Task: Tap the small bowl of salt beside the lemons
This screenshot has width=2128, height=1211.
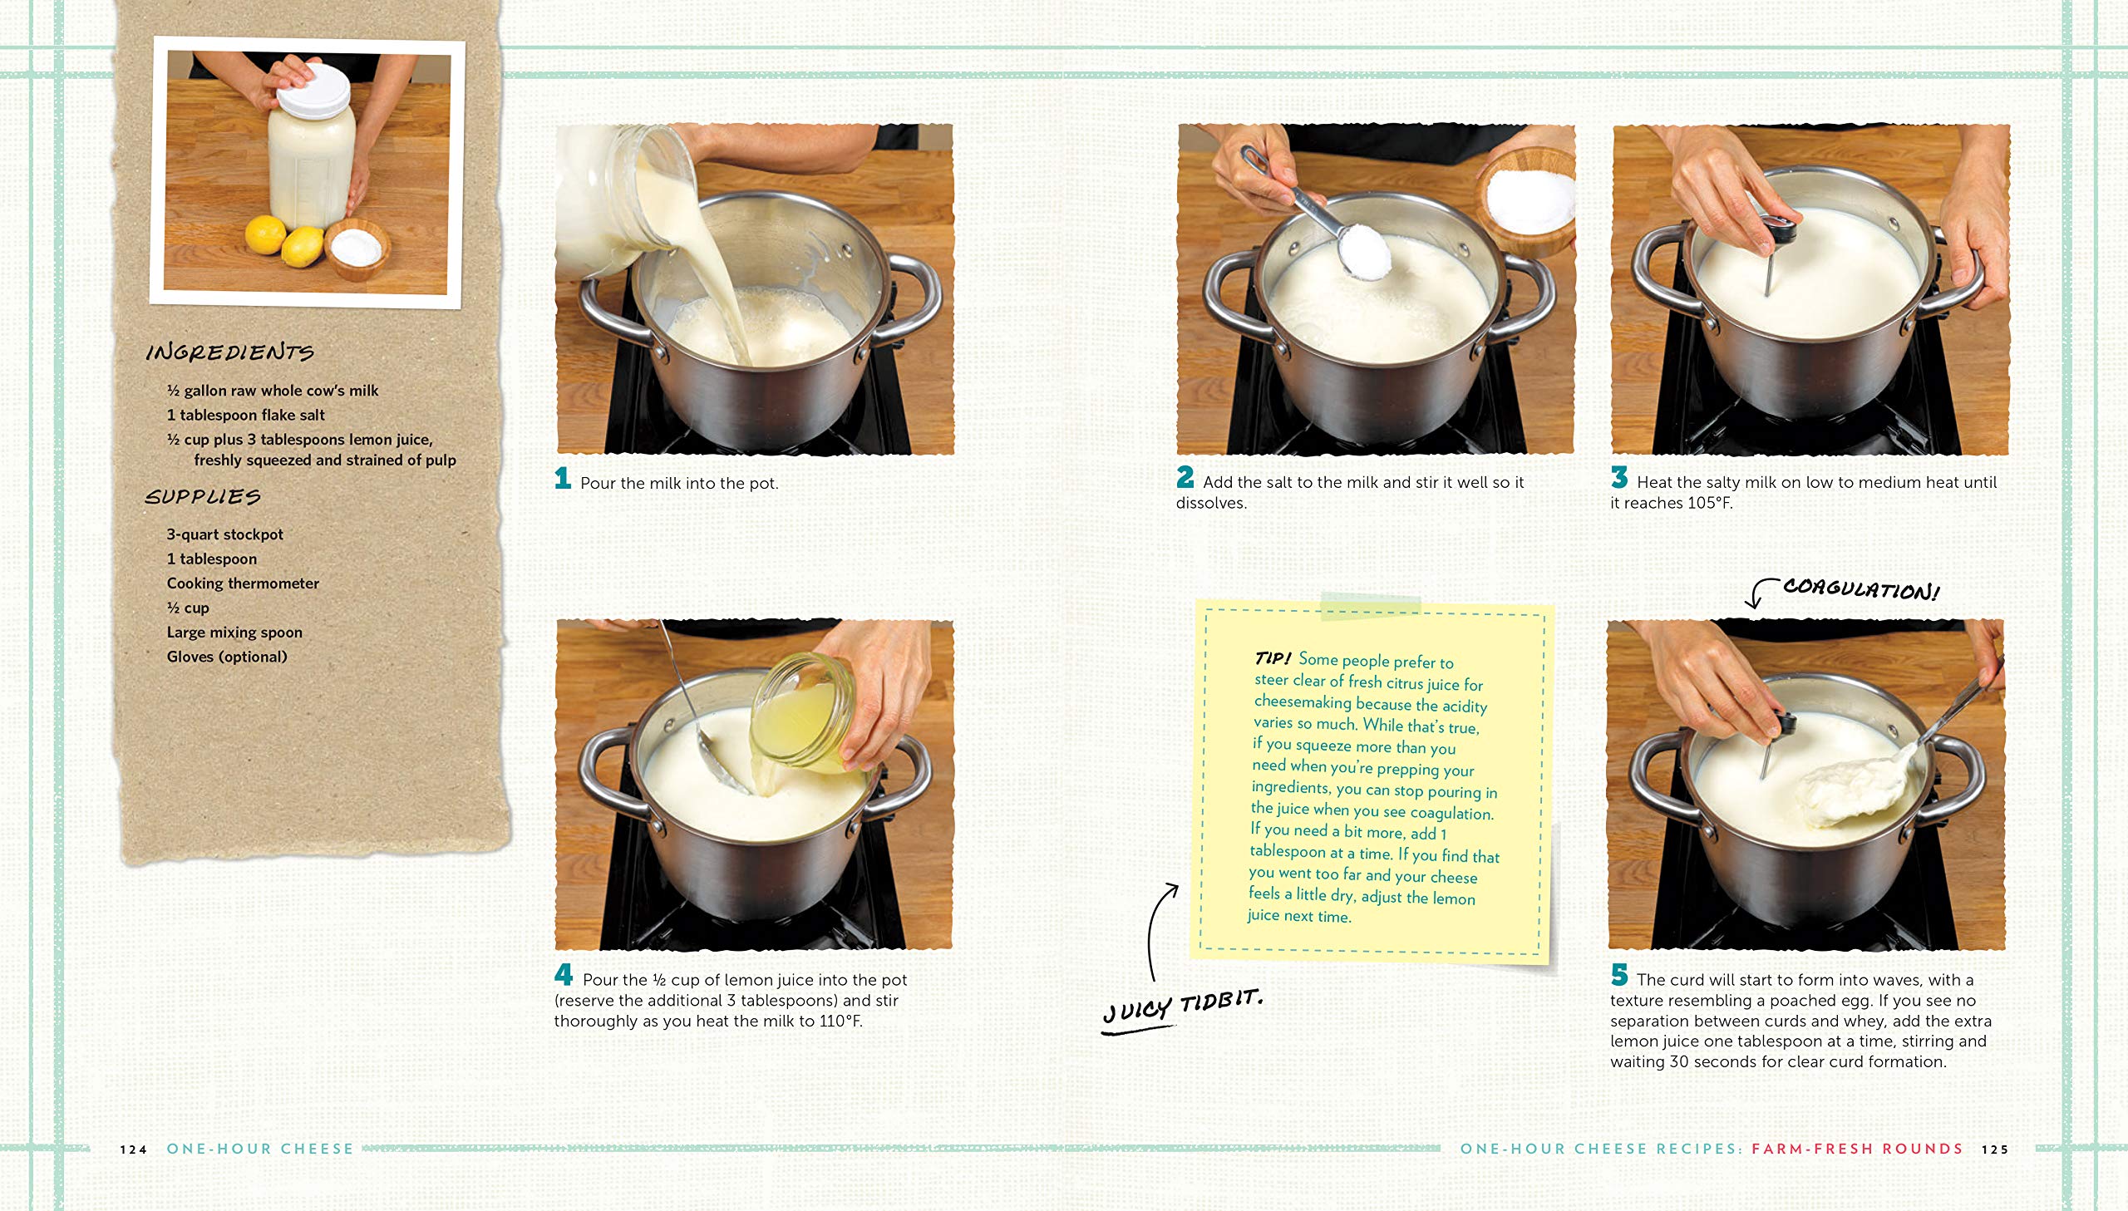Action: pyautogui.click(x=357, y=248)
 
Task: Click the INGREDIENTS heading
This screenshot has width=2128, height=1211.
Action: pyautogui.click(x=229, y=352)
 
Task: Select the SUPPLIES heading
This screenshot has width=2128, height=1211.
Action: pyautogui.click(x=203, y=496)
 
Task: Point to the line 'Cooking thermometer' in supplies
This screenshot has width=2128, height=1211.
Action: pyautogui.click(x=243, y=583)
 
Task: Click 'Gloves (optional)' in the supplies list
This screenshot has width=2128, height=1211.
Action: pyautogui.click(x=227, y=657)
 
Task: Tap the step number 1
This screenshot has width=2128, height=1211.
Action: pyautogui.click(x=563, y=477)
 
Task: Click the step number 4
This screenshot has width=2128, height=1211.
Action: pyautogui.click(x=564, y=974)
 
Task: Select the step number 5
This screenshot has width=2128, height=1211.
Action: pyautogui.click(x=1619, y=974)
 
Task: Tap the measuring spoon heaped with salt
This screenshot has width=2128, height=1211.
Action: pyautogui.click(x=1364, y=251)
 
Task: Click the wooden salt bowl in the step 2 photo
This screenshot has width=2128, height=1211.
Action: pyautogui.click(x=1529, y=199)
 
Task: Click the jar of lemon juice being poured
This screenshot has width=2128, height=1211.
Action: pyautogui.click(x=802, y=711)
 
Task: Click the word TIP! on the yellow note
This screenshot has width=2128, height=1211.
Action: pyautogui.click(x=1273, y=658)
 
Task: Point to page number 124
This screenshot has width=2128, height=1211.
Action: pyautogui.click(x=133, y=1149)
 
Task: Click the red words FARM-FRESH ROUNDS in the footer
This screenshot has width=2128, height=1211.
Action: pyautogui.click(x=1857, y=1149)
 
